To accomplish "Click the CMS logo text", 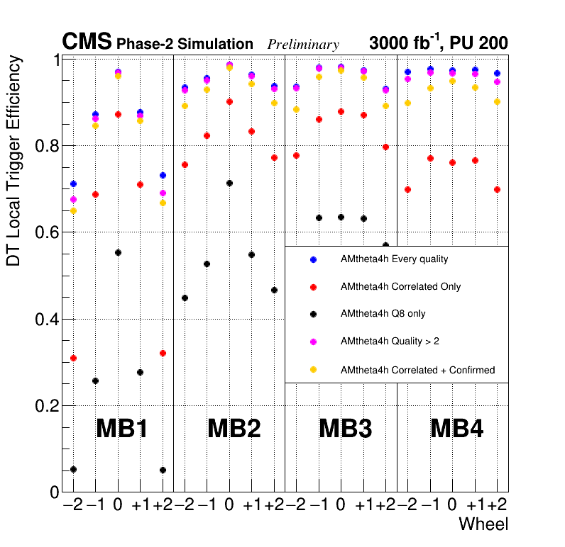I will click(x=87, y=43).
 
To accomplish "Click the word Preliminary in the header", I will click(x=303, y=45).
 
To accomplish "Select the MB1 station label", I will click(x=121, y=429).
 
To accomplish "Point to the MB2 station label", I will click(x=234, y=429).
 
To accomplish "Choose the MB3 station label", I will click(x=345, y=429).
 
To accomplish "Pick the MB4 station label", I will click(x=457, y=429).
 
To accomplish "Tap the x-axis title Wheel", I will click(x=483, y=524).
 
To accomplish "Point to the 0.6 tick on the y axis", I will click(x=45, y=232).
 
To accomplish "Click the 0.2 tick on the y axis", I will click(x=45, y=406).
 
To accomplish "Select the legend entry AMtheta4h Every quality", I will click(x=394, y=259).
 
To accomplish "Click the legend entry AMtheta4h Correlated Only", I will click(x=400, y=287).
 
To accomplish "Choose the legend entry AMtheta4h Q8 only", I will click(x=383, y=314).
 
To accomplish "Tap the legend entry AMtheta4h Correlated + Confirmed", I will click(x=417, y=370).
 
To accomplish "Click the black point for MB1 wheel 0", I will click(x=118, y=253).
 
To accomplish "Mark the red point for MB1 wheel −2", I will click(x=73, y=358).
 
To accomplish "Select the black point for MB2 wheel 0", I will click(x=229, y=184).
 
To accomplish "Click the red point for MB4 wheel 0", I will click(x=452, y=162).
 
